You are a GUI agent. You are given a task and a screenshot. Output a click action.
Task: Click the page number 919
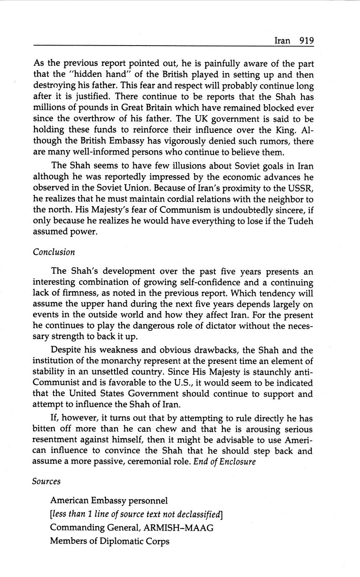tap(306, 41)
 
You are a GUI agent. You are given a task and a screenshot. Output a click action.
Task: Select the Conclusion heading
tap(54, 252)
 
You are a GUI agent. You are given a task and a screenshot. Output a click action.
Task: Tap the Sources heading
tap(46, 481)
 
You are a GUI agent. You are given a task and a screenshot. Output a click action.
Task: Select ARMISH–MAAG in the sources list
tap(178, 528)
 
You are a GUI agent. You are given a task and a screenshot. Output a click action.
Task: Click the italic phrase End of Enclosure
tap(225, 462)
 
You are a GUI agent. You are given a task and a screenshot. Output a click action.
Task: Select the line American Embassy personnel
tap(109, 500)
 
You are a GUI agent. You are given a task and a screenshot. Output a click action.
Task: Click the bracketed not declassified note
tap(136, 514)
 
